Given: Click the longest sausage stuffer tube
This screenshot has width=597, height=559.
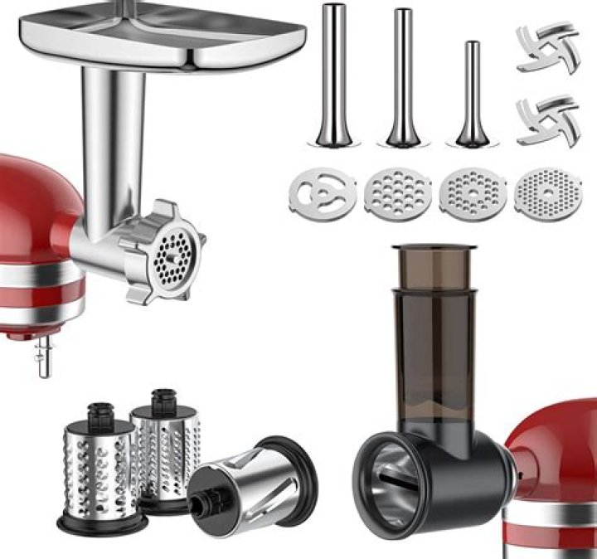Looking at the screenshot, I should [x=334, y=75].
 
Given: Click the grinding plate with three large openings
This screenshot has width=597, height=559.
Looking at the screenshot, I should [x=323, y=194].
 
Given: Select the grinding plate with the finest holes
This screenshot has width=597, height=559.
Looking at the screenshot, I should [x=545, y=194].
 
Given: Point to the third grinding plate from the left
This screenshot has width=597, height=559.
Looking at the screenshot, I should [x=471, y=194].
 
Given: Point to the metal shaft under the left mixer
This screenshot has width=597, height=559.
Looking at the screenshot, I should [x=44, y=357].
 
